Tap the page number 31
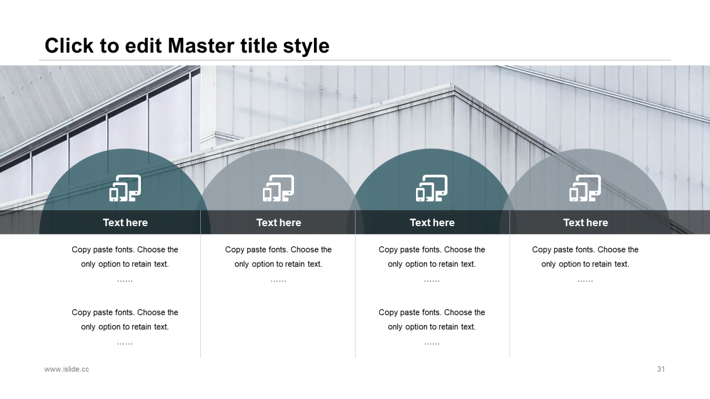[x=661, y=369]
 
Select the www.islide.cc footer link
[x=67, y=369]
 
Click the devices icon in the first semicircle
[x=125, y=188]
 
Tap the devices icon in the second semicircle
[x=278, y=188]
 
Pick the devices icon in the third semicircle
[x=432, y=188]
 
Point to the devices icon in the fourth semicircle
[x=585, y=188]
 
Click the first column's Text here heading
[x=125, y=223]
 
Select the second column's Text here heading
[x=278, y=223]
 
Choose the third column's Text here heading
[x=432, y=223]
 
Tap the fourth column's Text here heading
[x=585, y=223]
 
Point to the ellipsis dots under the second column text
[x=278, y=280]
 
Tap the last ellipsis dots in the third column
[x=432, y=343]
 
